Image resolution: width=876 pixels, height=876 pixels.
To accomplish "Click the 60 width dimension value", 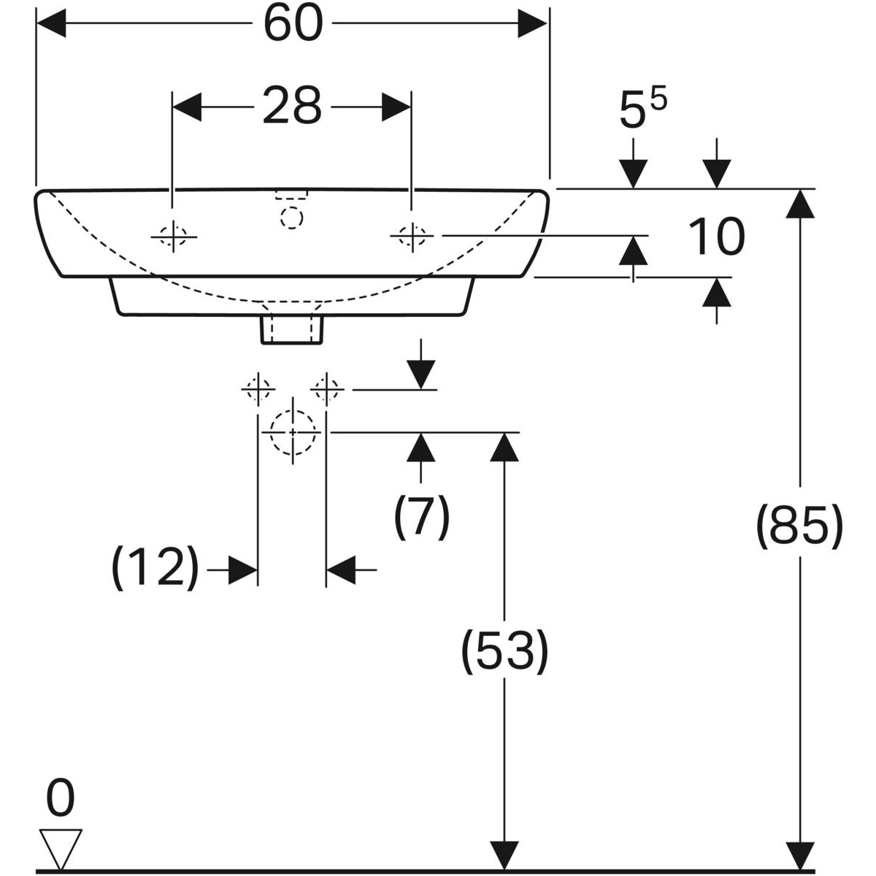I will (293, 24).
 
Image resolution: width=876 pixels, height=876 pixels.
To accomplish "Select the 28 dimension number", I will (292, 107).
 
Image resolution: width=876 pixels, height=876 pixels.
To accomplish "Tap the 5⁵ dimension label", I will (642, 111).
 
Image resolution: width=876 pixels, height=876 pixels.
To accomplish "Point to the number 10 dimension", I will (716, 237).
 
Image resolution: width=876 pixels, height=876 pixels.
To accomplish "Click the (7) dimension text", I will (422, 517).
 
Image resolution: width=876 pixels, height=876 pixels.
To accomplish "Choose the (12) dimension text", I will (155, 567).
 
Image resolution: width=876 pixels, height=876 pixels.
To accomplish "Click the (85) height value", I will (799, 524).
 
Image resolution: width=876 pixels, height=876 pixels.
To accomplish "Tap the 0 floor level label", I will (60, 798).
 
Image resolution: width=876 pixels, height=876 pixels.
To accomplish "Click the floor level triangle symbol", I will (61, 848).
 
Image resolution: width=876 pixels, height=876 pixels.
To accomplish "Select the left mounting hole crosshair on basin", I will (173, 236).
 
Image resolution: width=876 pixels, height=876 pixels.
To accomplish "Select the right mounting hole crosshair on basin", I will (412, 236).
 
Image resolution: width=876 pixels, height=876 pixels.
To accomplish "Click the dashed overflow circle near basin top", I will (292, 218).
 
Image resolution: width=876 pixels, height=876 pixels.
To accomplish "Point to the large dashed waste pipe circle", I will (293, 431).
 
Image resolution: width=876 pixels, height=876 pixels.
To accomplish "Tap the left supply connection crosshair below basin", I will (258, 390).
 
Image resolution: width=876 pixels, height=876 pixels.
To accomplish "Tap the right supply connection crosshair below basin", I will (326, 390).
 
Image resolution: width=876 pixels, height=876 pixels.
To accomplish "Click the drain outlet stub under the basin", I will (292, 327).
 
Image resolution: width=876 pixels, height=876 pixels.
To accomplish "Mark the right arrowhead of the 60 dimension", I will (532, 24).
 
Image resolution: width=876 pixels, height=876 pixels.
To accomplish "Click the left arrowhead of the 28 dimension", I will (187, 107).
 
